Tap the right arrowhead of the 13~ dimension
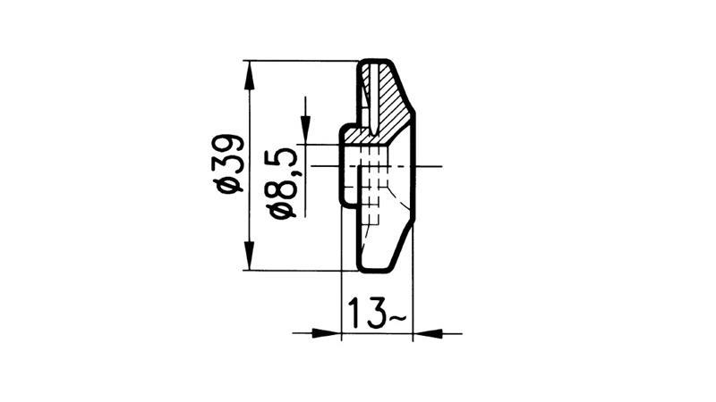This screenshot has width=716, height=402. pos(422,334)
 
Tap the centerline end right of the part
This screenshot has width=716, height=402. pos(437,166)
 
